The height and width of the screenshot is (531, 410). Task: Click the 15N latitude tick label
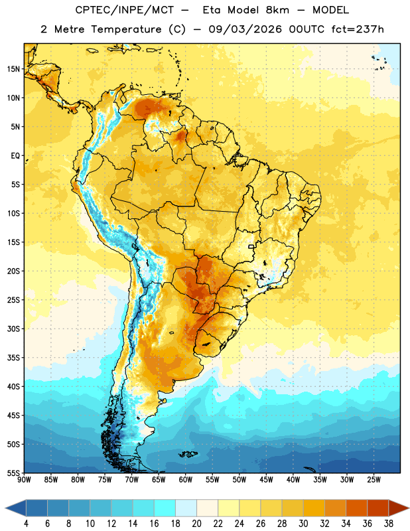13,69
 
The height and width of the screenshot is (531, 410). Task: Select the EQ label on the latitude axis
15,156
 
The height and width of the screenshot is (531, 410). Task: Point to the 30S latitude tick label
13,329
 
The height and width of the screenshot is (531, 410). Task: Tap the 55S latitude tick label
13,473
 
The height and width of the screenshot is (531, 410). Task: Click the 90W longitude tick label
24,480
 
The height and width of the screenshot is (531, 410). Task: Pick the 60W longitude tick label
186,480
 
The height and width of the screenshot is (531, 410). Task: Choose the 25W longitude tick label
374,480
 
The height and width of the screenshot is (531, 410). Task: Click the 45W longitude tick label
266,480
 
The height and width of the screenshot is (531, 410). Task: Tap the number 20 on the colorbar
196,524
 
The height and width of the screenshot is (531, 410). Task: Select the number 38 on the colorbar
388,524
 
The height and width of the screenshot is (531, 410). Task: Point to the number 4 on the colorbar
26,524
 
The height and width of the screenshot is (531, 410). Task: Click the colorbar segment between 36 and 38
378,508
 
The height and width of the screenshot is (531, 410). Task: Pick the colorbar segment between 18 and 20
186,508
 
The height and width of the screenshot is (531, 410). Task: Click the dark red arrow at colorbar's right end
399,508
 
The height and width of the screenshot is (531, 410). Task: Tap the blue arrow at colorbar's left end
16,508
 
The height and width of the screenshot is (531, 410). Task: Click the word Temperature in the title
126,29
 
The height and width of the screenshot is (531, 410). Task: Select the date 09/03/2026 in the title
245,29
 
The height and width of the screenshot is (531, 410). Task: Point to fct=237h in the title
358,29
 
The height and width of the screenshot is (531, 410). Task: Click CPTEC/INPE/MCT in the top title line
124,10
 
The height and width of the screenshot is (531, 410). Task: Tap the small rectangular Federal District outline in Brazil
251,246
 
